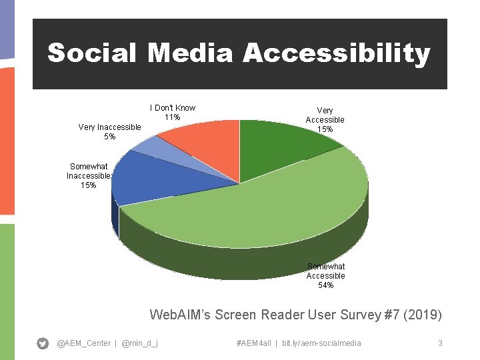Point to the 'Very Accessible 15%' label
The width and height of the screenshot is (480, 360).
pos(325,120)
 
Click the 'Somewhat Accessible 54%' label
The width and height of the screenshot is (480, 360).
pos(325,275)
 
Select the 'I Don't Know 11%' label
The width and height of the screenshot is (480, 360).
pos(173,113)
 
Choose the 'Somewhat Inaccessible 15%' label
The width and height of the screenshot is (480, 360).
pos(89,176)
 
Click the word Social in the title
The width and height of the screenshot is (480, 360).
pos(93,53)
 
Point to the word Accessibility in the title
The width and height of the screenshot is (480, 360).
pos(336,53)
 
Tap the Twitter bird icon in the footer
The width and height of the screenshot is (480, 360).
pos(43,343)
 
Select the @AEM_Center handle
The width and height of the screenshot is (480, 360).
pos(84,343)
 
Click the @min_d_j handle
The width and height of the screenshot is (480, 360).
pos(140,343)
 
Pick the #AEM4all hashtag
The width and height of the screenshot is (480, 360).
pos(254,343)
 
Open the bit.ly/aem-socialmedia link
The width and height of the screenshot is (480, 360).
pos(321,343)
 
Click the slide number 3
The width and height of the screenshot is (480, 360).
pos(440,343)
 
